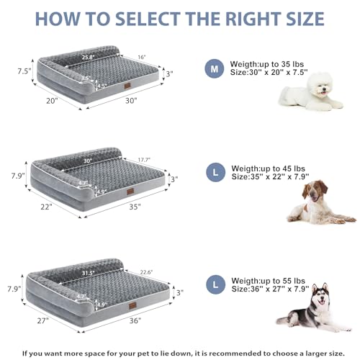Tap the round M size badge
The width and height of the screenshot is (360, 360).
[x=213, y=69]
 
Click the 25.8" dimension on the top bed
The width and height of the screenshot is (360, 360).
[x=89, y=55]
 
